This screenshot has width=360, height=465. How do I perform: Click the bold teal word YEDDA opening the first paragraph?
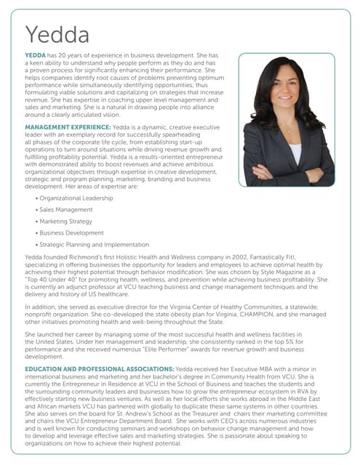pos(36,55)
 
